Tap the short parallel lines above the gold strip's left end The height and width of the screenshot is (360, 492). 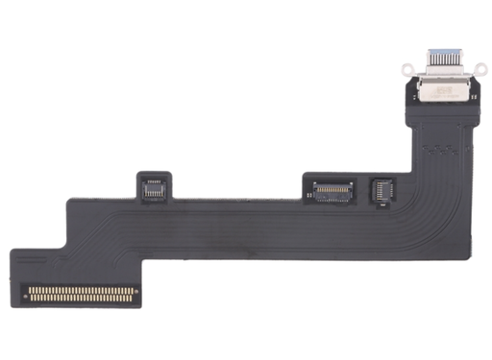[x=38, y=274]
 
